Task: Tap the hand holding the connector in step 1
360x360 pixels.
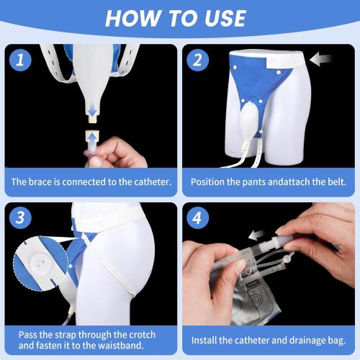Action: (x=115, y=153)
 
